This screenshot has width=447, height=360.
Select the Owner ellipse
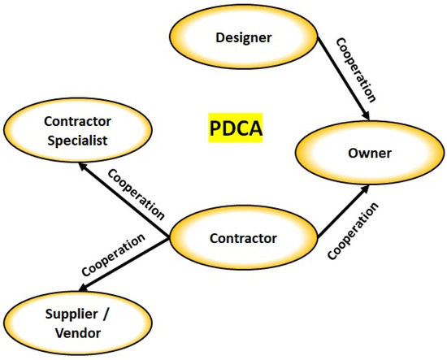[358, 153]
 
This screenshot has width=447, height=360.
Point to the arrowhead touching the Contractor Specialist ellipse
[84, 165]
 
